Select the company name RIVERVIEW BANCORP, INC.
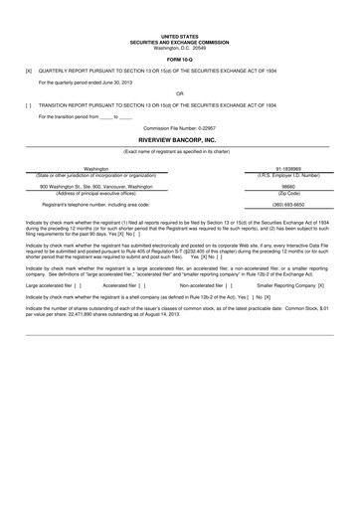coord(179,141)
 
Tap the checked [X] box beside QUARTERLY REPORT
coord(29,72)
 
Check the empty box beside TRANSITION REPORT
coord(29,103)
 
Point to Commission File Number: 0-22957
coord(179,128)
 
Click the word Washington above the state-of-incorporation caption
coord(96,169)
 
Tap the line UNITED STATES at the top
coord(179,35)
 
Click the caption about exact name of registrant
coord(179,150)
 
